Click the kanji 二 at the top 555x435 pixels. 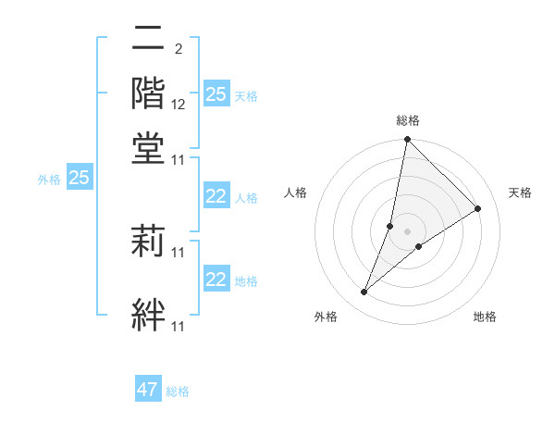(150, 40)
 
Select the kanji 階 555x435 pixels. (150, 93)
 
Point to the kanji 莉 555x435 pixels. (150, 239)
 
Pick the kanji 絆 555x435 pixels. (150, 313)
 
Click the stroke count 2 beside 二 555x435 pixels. (178, 48)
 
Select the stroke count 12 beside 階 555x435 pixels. (179, 105)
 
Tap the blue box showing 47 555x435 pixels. (148, 390)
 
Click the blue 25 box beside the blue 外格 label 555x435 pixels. (79, 178)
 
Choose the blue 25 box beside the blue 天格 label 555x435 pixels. (216, 94)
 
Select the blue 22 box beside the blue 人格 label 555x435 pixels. (216, 196)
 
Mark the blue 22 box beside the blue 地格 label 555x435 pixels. (216, 279)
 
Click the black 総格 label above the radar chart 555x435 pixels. (408, 120)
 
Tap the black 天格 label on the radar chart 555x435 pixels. (520, 193)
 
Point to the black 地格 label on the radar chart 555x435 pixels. (485, 317)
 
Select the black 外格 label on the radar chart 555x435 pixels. (326, 317)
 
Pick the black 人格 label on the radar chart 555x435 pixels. (296, 193)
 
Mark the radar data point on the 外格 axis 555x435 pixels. (364, 292)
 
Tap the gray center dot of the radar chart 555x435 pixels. (408, 230)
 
